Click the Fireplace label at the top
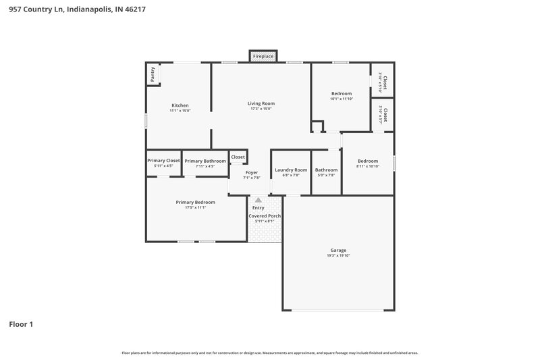pos(263,57)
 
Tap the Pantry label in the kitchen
pos(153,74)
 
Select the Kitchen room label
pos(180,105)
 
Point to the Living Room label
pos(261,103)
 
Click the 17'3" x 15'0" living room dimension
pos(261,109)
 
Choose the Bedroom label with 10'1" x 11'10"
pos(341,93)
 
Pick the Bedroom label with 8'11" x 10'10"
pos(367,161)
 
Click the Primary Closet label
pos(163,161)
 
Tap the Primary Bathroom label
pos(205,161)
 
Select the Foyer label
pos(251,172)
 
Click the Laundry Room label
pos(291,170)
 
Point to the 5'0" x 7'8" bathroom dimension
pos(326,176)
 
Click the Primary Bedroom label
pos(195,202)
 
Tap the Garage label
pos(338,250)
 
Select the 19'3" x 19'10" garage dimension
pos(338,255)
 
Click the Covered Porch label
pos(264,215)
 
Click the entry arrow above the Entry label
pos(258,200)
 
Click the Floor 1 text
pos(20,324)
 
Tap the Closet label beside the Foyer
pos(238,157)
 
